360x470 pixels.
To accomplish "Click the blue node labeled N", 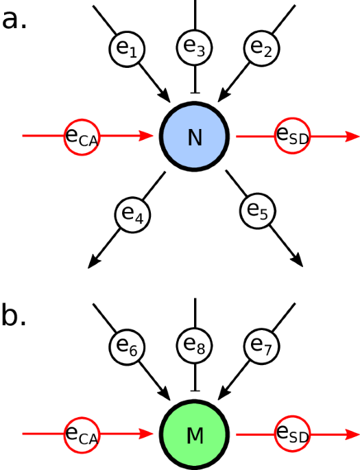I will coord(195,137).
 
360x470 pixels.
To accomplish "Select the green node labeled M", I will coord(195,435).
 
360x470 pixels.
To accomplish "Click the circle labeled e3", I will coord(195,47).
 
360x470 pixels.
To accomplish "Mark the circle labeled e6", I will coord(195,345).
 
